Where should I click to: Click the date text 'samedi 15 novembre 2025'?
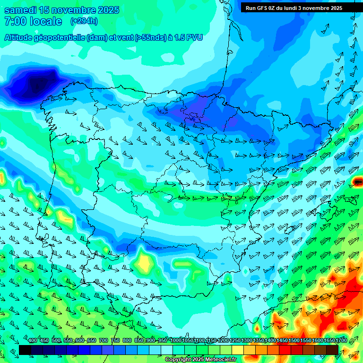(x=61, y=10)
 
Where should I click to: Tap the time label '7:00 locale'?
(x=33, y=21)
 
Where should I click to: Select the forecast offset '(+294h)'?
(x=84, y=21)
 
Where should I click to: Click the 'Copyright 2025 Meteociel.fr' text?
(x=200, y=359)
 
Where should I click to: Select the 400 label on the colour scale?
(x=33, y=341)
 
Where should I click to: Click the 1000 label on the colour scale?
(x=175, y=341)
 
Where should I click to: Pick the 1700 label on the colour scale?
(x=329, y=341)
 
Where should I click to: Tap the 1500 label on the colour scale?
(x=282, y=341)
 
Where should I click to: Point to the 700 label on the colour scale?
(x=104, y=341)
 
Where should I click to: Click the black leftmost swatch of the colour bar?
(x=25, y=350)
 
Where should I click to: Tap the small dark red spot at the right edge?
(x=358, y=181)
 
